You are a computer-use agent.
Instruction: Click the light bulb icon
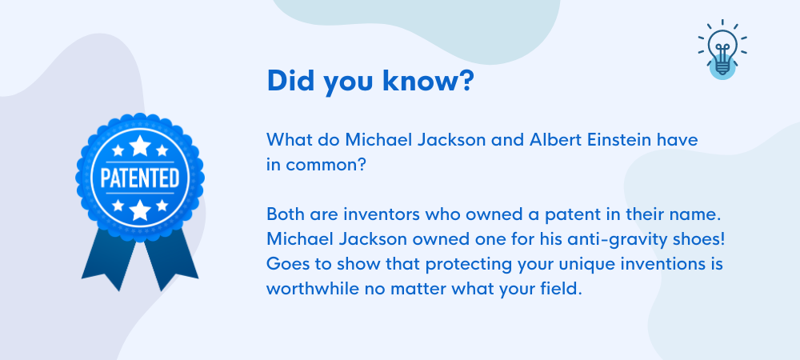point(722,49)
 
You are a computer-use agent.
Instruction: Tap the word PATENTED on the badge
point(140,178)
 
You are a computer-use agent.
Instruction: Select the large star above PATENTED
point(140,146)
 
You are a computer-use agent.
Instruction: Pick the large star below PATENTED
point(140,210)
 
